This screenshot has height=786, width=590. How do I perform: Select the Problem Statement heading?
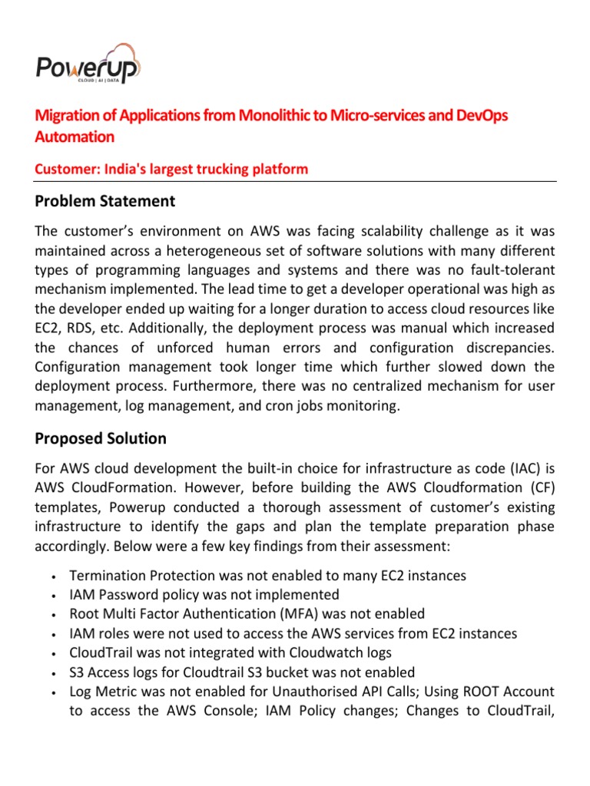[105, 201]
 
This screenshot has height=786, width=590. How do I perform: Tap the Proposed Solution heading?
[101, 438]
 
